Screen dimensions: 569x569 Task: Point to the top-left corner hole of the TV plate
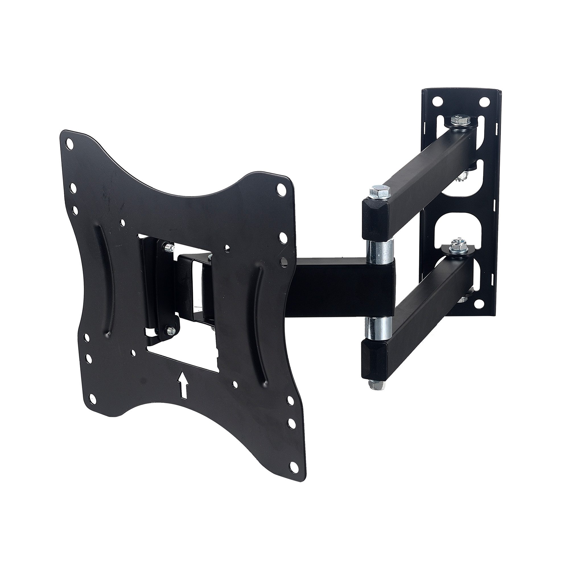coord(70,144)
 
